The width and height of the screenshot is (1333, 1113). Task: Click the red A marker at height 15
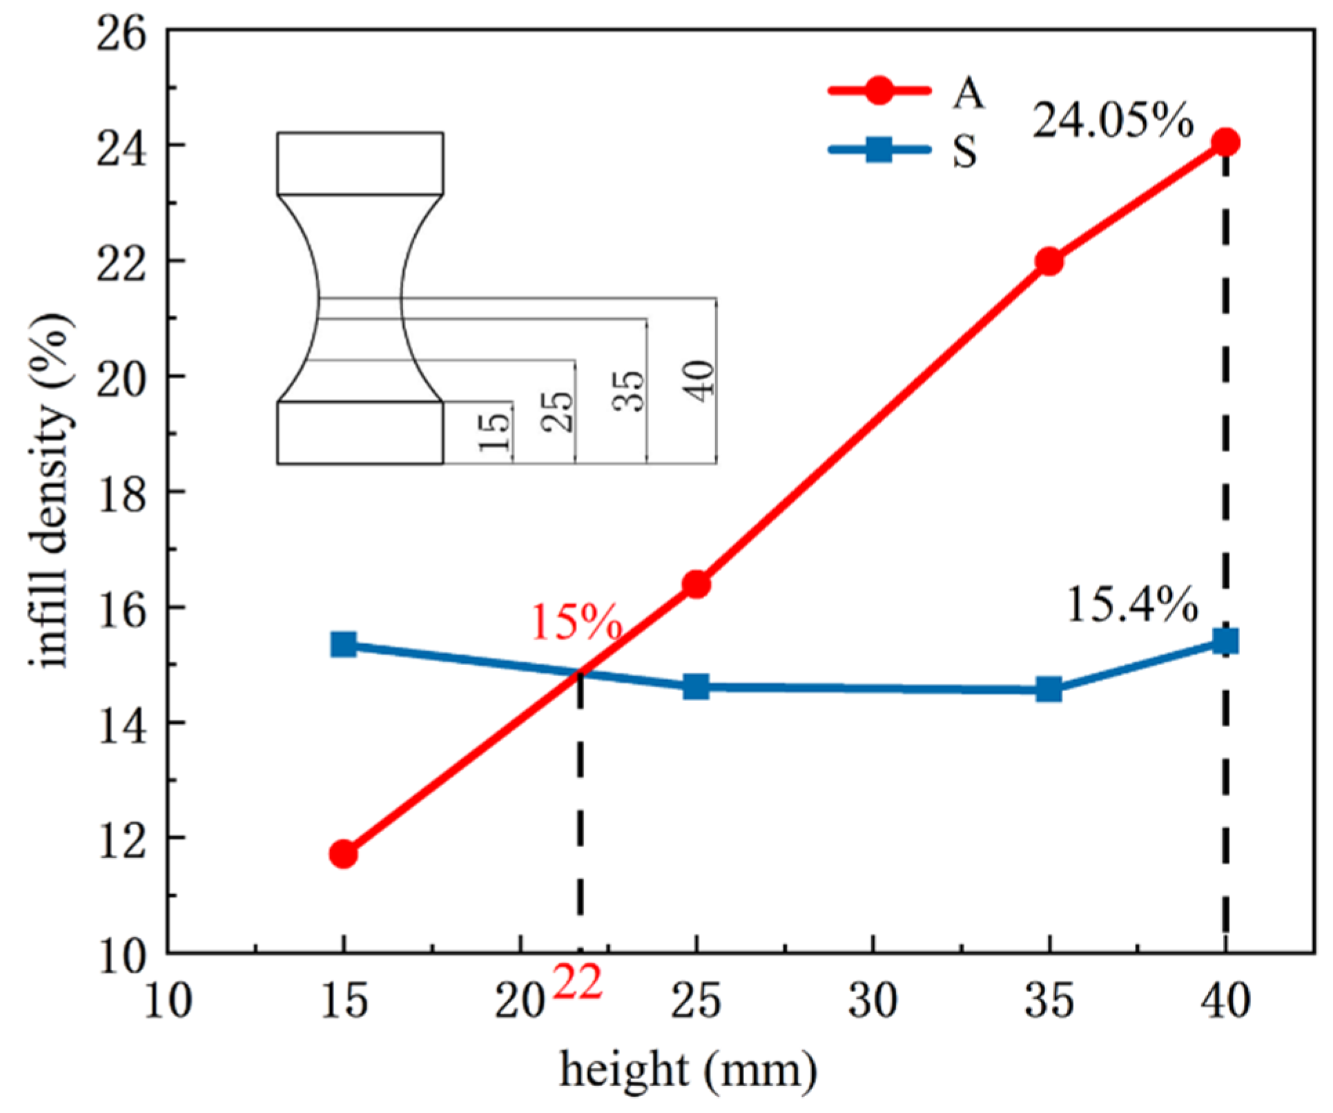pyautogui.click(x=343, y=854)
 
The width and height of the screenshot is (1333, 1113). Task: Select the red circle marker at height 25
pyautogui.click(x=696, y=585)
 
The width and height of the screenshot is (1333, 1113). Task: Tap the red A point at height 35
pyautogui.click(x=1049, y=261)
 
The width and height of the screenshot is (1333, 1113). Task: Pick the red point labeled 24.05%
pyautogui.click(x=1225, y=142)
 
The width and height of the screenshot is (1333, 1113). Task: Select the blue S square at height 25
pyautogui.click(x=696, y=687)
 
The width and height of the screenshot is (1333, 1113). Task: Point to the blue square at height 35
pyautogui.click(x=1049, y=689)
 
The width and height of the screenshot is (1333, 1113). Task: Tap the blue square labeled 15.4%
pyautogui.click(x=1225, y=641)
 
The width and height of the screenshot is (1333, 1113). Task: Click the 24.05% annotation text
pyautogui.click(x=1113, y=122)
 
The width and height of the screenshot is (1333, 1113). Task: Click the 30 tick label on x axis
pyautogui.click(x=873, y=1001)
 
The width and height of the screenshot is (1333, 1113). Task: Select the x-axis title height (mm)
pyautogui.click(x=688, y=1071)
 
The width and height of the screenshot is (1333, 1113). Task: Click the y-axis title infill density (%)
pyautogui.click(x=52, y=491)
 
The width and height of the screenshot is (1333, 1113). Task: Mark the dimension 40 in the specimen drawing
pyautogui.click(x=701, y=380)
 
